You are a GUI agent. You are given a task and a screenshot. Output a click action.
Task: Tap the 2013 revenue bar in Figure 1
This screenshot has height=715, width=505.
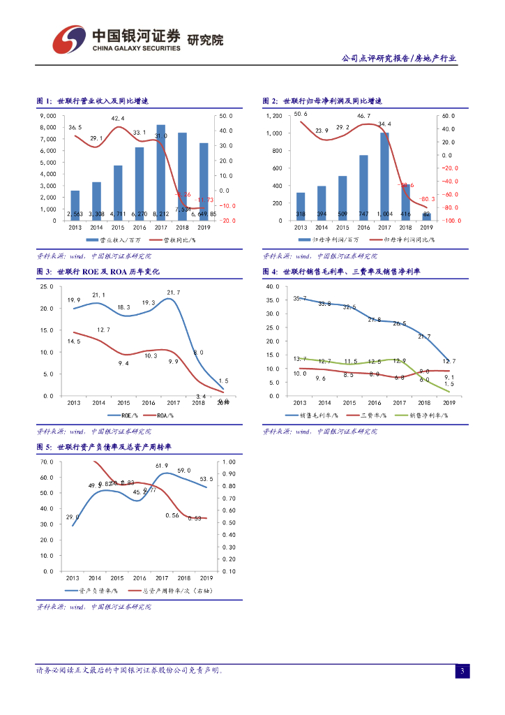75,205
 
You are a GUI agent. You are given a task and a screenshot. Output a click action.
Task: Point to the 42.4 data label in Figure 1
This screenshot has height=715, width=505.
118,119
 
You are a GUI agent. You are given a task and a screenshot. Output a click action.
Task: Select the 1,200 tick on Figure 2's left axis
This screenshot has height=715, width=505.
274,116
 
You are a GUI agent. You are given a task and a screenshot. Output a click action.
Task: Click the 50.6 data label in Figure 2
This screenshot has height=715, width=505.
301,113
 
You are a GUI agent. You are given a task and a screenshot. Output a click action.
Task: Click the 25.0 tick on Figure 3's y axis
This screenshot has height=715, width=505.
47,287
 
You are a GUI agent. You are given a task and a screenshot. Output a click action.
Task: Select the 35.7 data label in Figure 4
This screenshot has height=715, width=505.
300,299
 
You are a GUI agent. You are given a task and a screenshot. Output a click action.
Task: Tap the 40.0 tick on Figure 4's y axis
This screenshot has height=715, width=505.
273,287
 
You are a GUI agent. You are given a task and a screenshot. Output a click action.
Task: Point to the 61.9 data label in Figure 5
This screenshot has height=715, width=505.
162,466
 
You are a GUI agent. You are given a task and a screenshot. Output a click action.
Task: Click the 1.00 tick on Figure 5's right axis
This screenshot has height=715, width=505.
229,462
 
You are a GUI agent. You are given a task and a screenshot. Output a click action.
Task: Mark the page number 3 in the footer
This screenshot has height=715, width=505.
462,671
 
